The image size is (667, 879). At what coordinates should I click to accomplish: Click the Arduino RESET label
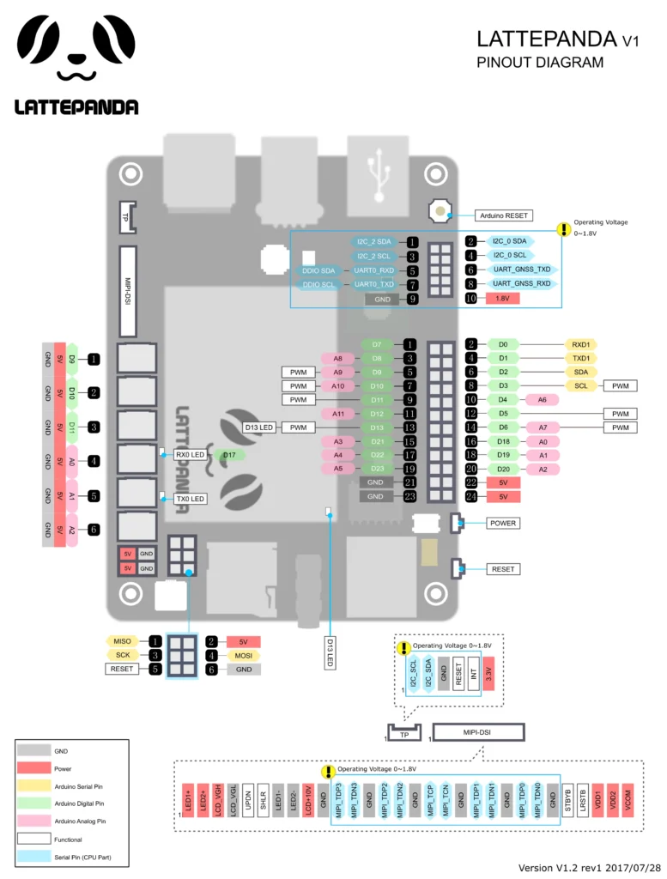503,215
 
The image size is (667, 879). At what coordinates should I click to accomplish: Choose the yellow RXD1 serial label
579,344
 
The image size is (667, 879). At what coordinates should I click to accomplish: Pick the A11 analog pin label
337,414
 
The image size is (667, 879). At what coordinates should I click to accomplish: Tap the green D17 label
228,454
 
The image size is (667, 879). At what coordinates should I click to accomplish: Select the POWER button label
503,523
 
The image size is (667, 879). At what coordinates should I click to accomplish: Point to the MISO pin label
122,640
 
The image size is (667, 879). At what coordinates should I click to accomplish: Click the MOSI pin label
242,655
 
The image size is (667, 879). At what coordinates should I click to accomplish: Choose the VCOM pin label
627,799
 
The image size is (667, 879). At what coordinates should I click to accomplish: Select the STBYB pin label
567,799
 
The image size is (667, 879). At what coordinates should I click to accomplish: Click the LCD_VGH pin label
218,799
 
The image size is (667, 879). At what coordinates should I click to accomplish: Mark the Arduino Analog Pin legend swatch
34,821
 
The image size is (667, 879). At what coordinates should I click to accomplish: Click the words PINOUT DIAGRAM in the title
540,63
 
